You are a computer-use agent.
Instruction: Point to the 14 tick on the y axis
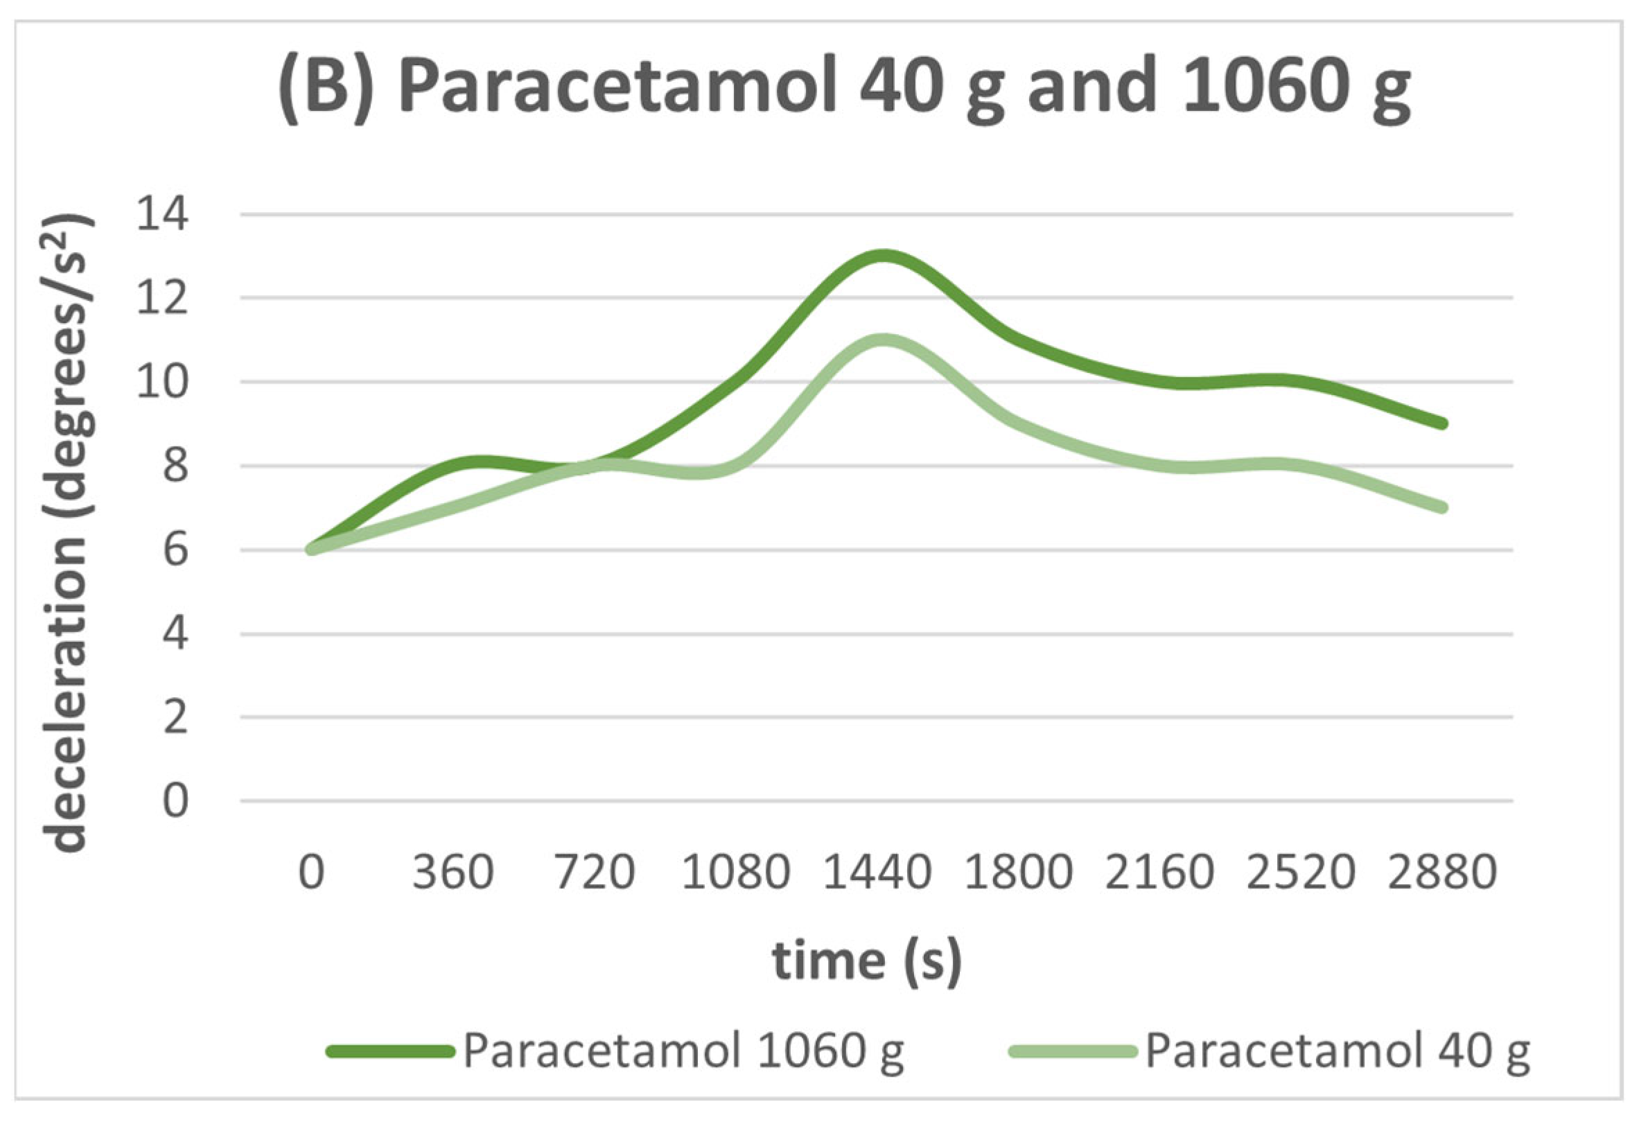tap(162, 214)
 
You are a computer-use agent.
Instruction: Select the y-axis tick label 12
tap(162, 298)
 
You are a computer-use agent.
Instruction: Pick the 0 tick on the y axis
tap(175, 801)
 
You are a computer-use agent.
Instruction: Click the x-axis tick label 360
tap(453, 872)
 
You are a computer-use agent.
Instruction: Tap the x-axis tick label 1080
tap(735, 872)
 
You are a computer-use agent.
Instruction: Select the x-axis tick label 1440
tap(877, 872)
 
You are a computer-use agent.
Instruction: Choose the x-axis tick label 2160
tap(1159, 872)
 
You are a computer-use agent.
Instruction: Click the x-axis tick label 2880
tap(1442, 872)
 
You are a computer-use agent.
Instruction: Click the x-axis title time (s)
tap(867, 962)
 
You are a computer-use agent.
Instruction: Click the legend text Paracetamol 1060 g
tap(683, 1051)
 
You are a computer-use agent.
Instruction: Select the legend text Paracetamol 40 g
tap(1337, 1051)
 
